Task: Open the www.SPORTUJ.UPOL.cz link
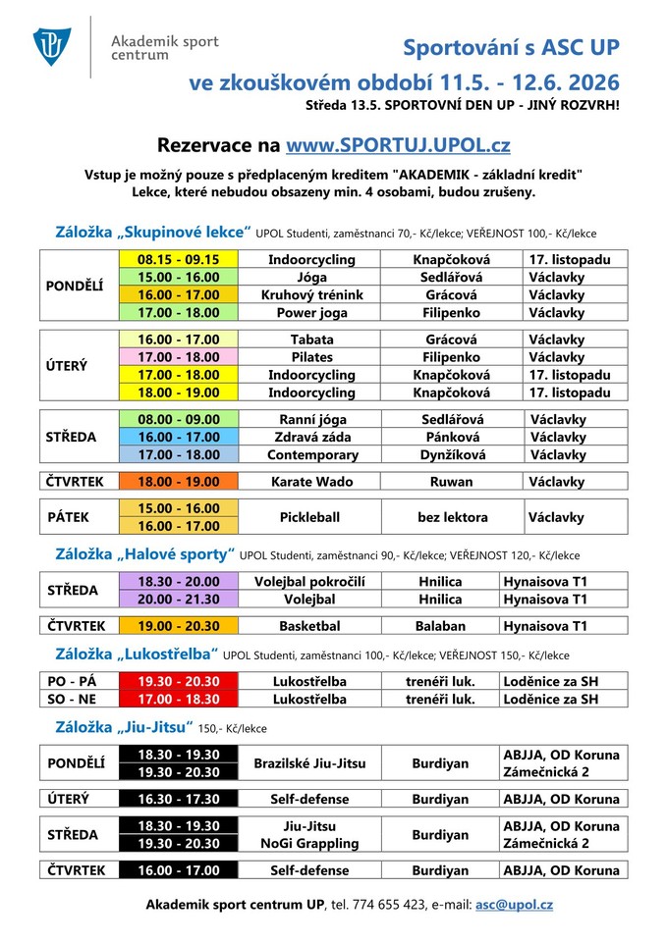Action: coord(398,146)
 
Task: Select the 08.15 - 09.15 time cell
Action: coord(178,260)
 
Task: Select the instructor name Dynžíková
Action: coord(451,455)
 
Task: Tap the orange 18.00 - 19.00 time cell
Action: coord(178,482)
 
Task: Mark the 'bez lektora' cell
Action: coord(451,516)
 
